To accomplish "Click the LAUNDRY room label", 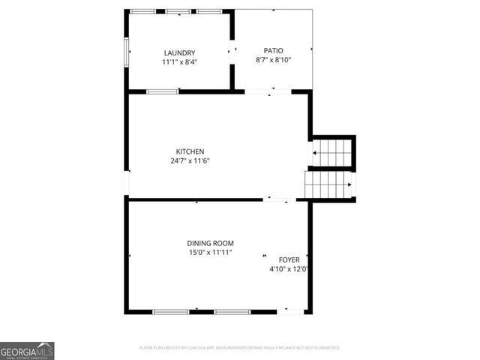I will [x=180, y=52].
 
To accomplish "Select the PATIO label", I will [x=273, y=50].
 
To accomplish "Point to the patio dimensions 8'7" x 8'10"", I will [x=273, y=60].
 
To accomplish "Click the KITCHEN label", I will [x=190, y=151].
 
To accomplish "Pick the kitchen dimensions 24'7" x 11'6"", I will [x=190, y=160].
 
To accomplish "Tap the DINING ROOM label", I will [x=211, y=243].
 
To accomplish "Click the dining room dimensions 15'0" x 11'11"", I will [x=211, y=253].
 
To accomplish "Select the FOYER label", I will [x=289, y=259].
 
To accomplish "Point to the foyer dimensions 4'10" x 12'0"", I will [x=289, y=269].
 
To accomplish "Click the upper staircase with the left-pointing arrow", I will [x=332, y=152].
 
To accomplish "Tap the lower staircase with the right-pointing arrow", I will [x=328, y=183].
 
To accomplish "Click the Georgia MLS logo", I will [x=27, y=350].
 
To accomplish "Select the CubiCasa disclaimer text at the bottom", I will [x=240, y=348].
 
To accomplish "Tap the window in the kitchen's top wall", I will [x=163, y=91].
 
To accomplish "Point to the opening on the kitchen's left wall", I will [x=127, y=184].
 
